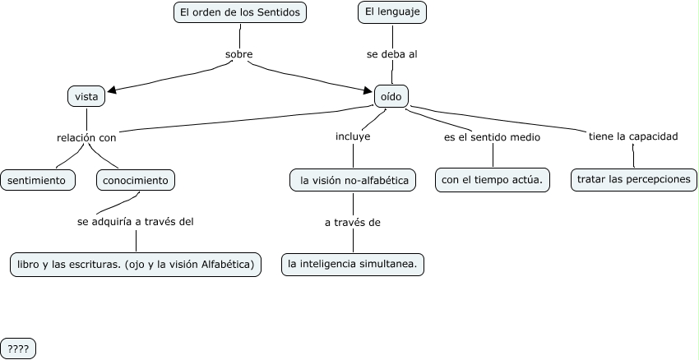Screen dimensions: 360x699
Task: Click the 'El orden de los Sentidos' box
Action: pos(239,12)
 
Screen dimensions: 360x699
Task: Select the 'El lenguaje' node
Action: pos(392,12)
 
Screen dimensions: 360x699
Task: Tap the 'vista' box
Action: pos(86,96)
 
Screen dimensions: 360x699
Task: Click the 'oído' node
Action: pos(391,96)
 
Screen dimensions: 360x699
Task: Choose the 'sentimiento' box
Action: pos(37,179)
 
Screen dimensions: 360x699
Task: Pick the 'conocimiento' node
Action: pos(136,179)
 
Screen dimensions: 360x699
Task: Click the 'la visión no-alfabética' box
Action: pos(353,180)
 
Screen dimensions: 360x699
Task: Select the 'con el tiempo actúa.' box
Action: pos(493,180)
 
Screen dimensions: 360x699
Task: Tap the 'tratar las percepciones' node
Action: pos(633,179)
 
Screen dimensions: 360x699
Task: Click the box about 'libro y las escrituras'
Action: pos(136,265)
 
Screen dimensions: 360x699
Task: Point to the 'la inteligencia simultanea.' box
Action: pos(353,265)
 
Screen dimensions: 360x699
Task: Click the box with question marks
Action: pos(18,348)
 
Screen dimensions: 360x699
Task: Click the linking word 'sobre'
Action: pos(238,55)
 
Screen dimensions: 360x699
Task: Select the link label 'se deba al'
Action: pos(392,55)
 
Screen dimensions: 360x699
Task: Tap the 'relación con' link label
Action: pos(86,137)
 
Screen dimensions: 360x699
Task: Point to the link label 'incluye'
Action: pos(353,136)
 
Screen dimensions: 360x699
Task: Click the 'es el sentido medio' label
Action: pos(492,137)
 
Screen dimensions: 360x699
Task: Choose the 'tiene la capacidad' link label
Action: pos(632,136)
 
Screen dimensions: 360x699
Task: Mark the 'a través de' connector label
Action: pos(353,222)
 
